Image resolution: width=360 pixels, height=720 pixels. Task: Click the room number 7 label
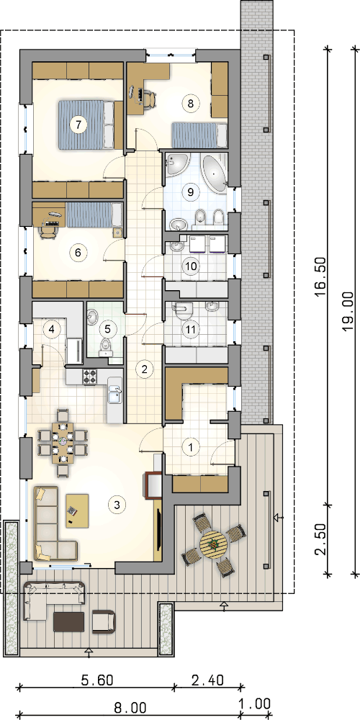(x=78, y=124)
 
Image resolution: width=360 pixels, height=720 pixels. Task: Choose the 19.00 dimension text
(x=348, y=311)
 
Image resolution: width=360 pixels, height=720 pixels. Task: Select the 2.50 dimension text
(x=321, y=540)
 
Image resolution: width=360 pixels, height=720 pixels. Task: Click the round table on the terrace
(x=214, y=544)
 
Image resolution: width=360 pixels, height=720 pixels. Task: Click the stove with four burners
(x=89, y=377)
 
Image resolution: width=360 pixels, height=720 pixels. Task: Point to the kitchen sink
(x=114, y=395)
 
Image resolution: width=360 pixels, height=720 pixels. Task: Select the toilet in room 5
(x=106, y=348)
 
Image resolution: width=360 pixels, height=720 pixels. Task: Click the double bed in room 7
(x=86, y=125)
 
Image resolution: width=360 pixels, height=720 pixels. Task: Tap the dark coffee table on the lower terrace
(x=69, y=622)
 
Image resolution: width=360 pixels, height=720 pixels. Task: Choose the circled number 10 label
(x=189, y=266)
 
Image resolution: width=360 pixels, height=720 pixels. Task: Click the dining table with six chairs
(x=61, y=443)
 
